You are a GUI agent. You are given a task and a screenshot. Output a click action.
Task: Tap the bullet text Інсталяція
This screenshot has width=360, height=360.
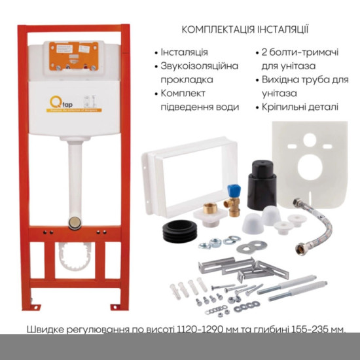(x=185, y=52)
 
